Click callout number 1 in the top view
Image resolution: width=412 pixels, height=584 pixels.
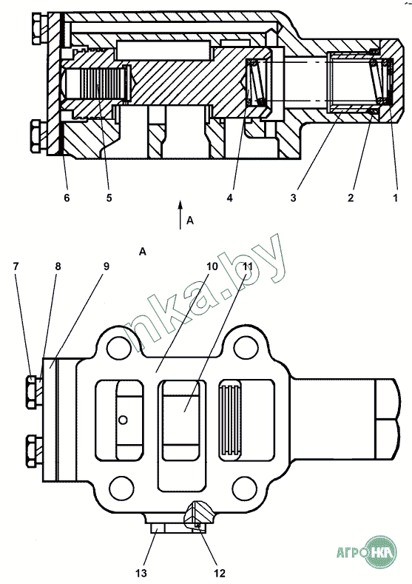[395, 198]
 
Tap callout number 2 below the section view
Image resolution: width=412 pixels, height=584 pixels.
[351, 198]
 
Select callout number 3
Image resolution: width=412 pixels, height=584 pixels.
[293, 198]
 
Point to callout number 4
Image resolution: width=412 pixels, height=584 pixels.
[229, 198]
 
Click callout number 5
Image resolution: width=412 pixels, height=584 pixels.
[109, 198]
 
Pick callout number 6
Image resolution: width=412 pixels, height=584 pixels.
[67, 198]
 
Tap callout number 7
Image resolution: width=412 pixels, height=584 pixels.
[16, 266]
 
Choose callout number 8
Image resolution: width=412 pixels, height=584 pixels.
[58, 266]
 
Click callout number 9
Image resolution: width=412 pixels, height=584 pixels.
[106, 266]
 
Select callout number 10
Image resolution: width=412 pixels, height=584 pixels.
[212, 266]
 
